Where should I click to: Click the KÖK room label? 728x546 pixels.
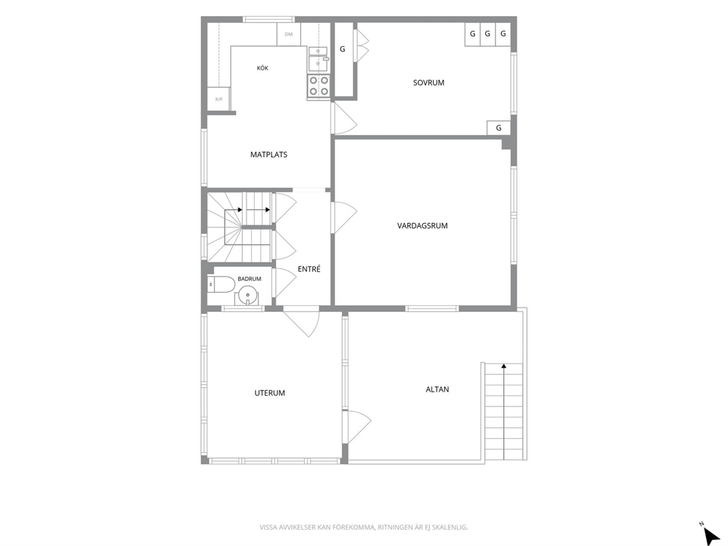262,68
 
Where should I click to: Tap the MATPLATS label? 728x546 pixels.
269,155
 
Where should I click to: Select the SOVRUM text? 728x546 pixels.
429,83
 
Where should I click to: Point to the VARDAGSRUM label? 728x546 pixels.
423,225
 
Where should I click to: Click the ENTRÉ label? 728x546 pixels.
309,269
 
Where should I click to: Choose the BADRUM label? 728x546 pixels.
250,279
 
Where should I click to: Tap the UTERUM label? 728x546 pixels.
270,393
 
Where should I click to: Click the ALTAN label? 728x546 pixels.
437,389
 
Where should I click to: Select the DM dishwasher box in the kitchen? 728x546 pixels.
289,34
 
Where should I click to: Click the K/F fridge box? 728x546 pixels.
219,99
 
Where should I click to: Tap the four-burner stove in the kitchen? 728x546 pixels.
318,87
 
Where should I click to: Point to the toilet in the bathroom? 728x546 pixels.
222,284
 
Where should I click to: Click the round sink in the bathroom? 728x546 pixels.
247,295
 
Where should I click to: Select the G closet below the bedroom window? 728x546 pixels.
498,128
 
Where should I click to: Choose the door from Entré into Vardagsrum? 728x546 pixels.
343,217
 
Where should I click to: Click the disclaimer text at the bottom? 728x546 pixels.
363,527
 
